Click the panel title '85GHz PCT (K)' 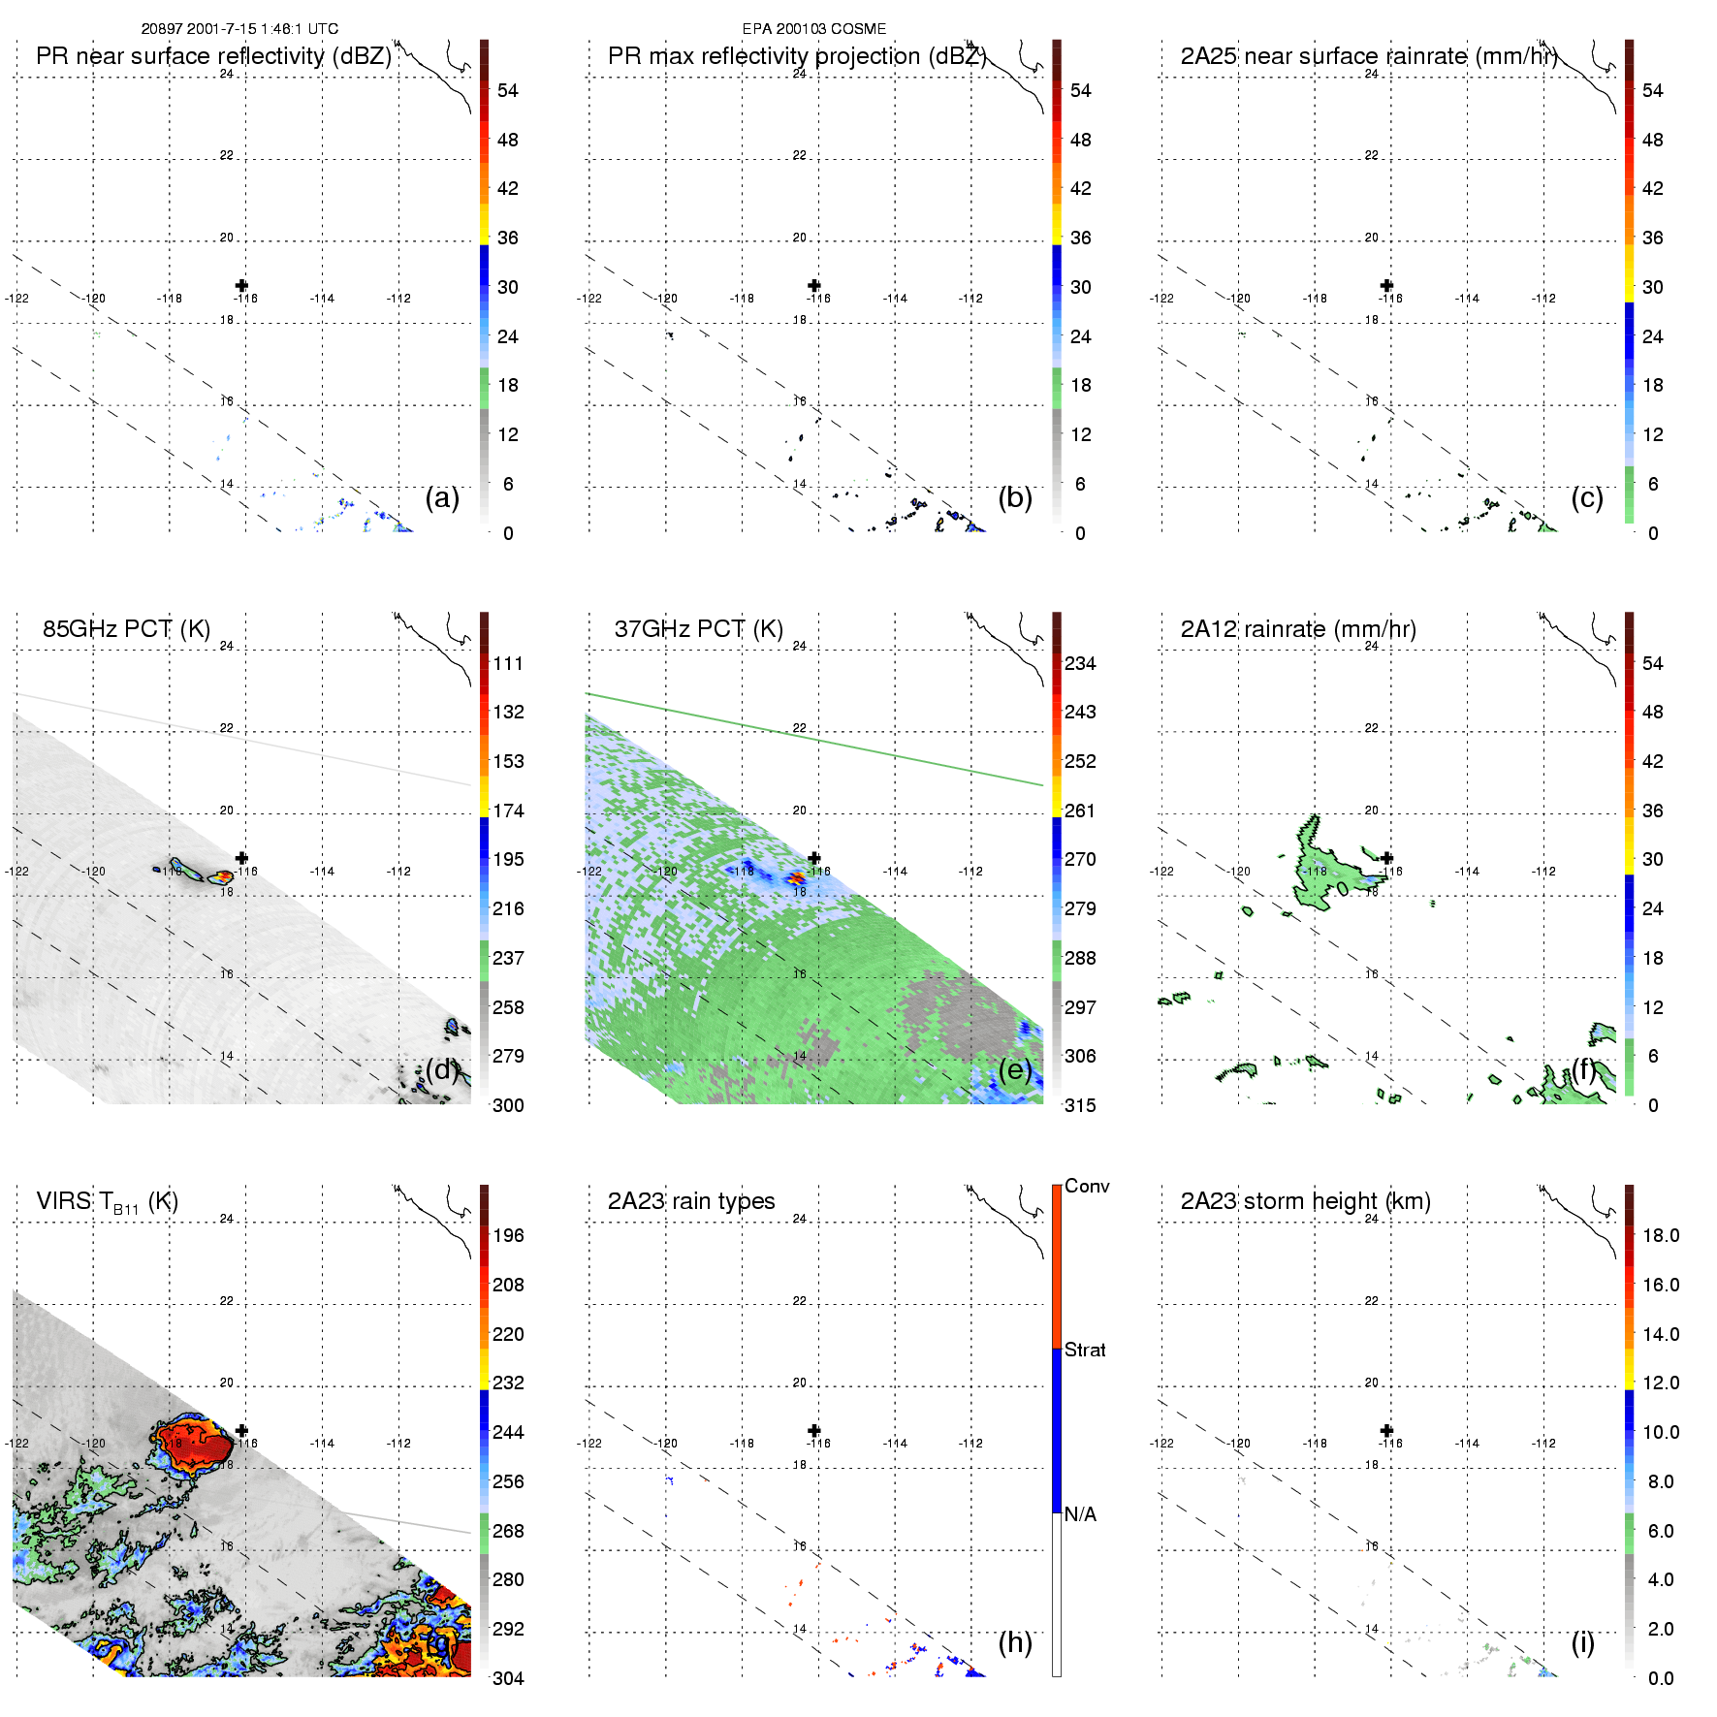click(x=126, y=628)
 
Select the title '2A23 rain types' click(x=690, y=1201)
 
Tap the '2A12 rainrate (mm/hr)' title click(x=1297, y=628)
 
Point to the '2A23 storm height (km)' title click(x=1305, y=1201)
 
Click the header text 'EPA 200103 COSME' click(x=813, y=29)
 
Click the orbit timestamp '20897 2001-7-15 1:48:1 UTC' click(x=239, y=29)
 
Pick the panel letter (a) click(x=442, y=497)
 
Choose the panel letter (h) click(x=1015, y=1641)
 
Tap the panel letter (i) click(x=1582, y=1641)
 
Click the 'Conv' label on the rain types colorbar click(x=1086, y=1186)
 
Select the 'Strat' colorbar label click(x=1085, y=1350)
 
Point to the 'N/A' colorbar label click(x=1080, y=1513)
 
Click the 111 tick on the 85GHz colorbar click(x=508, y=663)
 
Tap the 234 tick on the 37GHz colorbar click(x=1080, y=663)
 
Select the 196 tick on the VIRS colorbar click(x=508, y=1235)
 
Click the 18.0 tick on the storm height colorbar click(x=1660, y=1235)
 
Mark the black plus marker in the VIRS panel click(x=241, y=1430)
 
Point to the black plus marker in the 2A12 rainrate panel click(x=1386, y=858)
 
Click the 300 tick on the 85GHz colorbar click(x=508, y=1105)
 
